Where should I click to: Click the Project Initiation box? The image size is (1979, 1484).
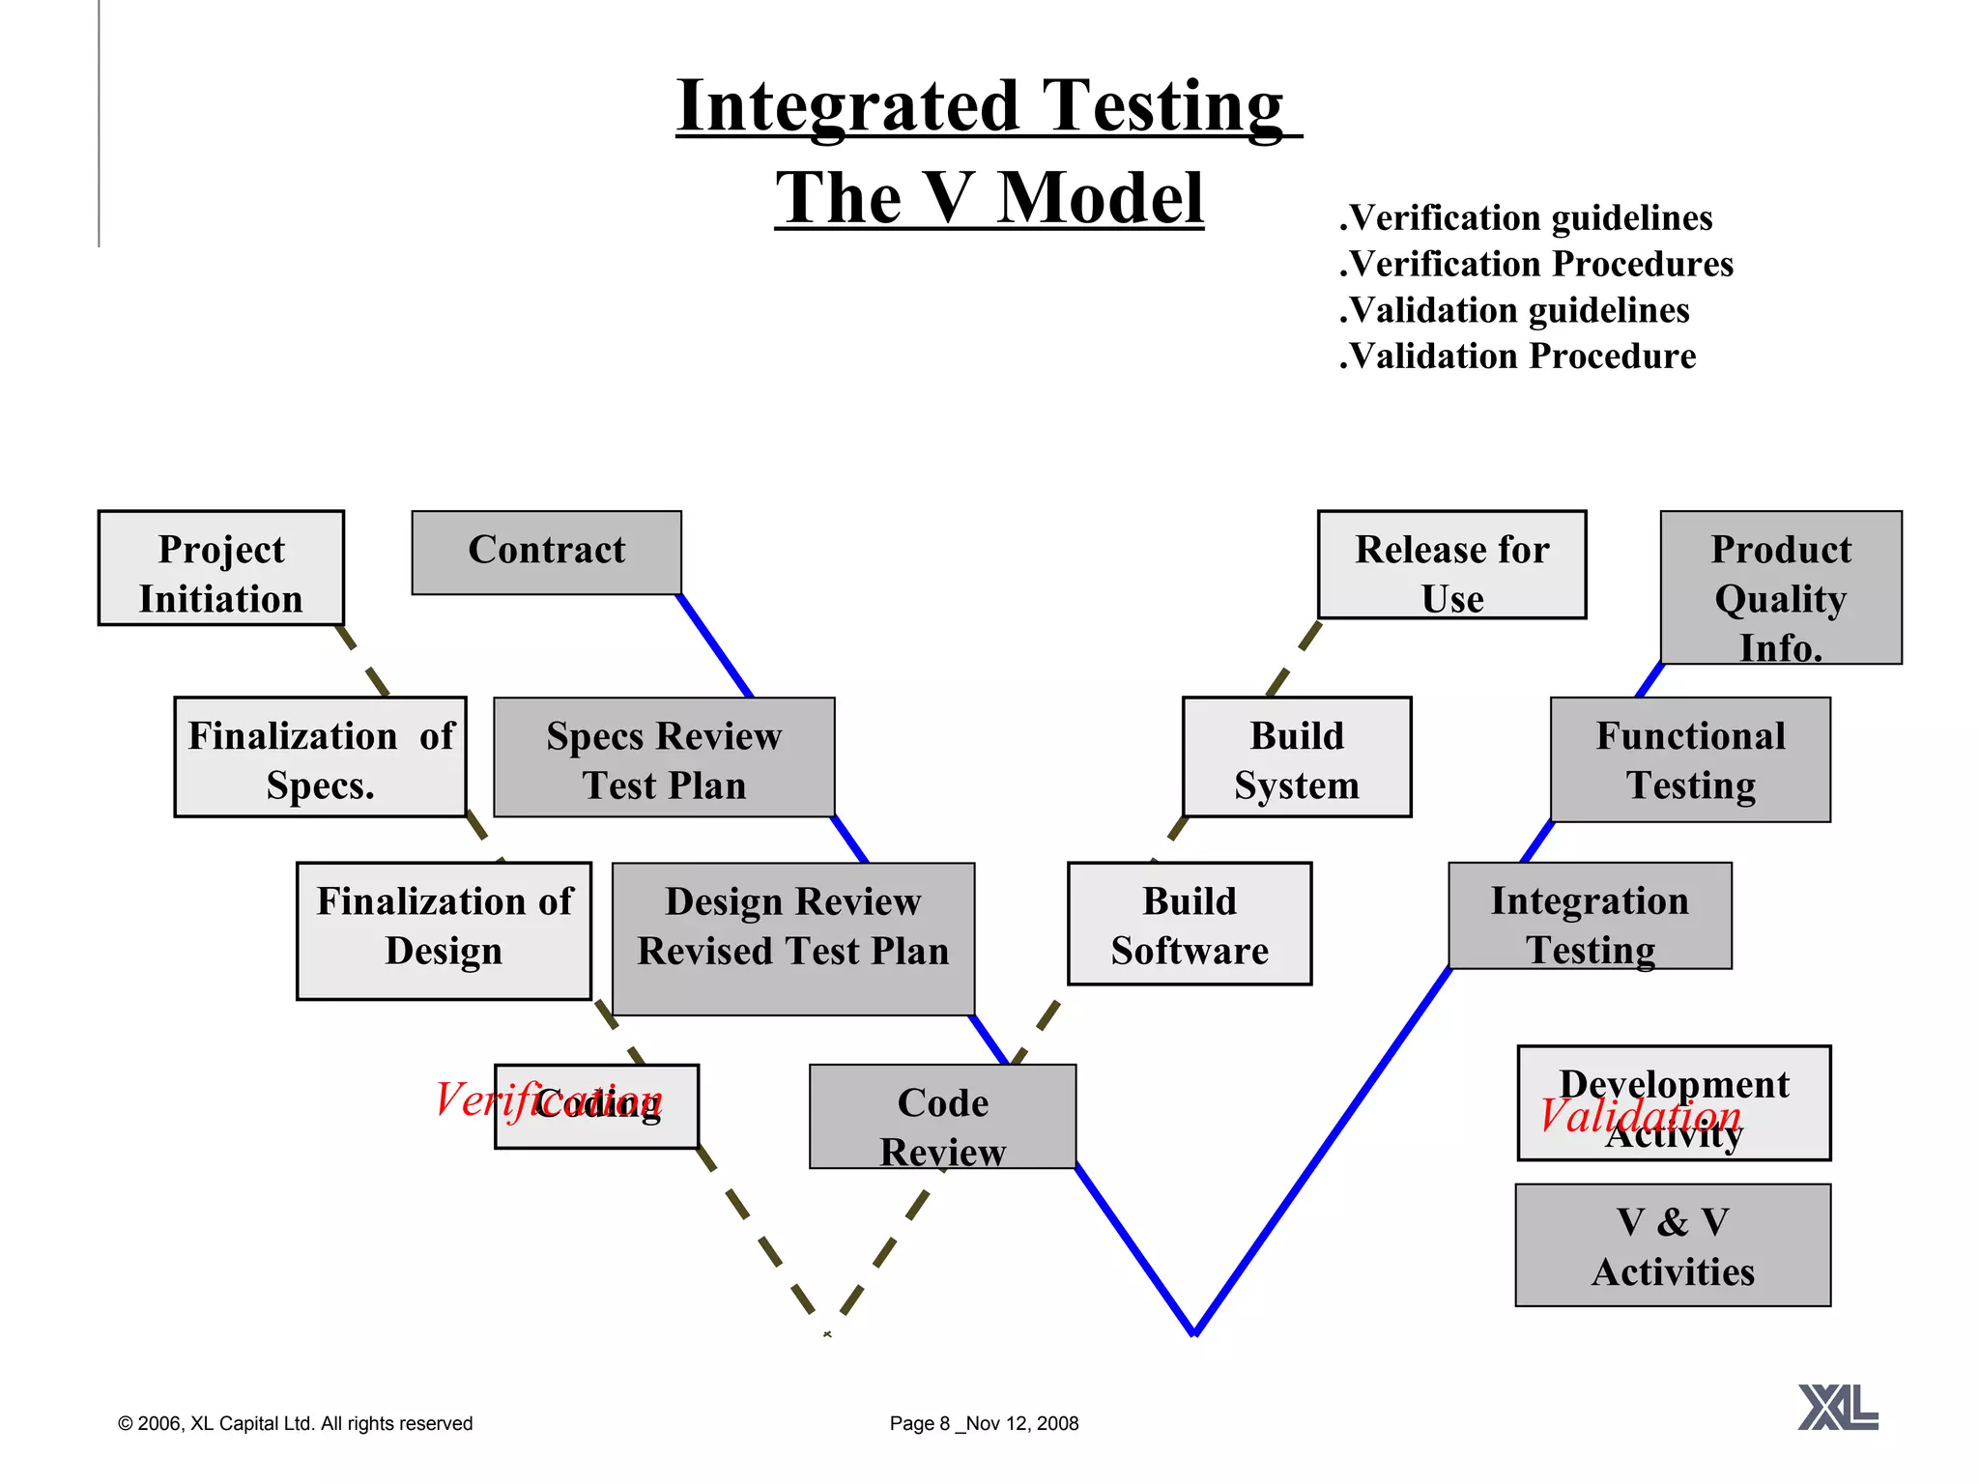pyautogui.click(x=220, y=568)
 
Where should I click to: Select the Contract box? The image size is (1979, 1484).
pyautogui.click(x=546, y=553)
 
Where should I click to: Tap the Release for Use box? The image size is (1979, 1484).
pyautogui.click(x=1451, y=565)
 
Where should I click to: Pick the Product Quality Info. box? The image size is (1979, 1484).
pyautogui.click(x=1780, y=587)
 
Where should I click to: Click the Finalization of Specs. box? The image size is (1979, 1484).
pyautogui.click(x=320, y=757)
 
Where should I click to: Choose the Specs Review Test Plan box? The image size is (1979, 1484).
pyautogui.click(x=664, y=757)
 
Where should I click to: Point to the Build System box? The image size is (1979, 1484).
pyautogui.click(x=1296, y=757)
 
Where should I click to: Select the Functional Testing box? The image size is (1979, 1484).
pyautogui.click(x=1690, y=759)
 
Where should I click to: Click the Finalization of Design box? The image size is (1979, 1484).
pyautogui.click(x=444, y=930)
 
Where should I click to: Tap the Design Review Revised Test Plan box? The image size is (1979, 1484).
pyautogui.click(x=792, y=939)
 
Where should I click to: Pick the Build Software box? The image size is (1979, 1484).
pyautogui.click(x=1189, y=924)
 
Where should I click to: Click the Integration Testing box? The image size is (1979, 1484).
pyautogui.click(x=1590, y=916)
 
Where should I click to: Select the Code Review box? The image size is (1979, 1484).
pyautogui.click(x=942, y=1117)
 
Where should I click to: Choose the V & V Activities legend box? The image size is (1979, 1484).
pyautogui.click(x=1673, y=1245)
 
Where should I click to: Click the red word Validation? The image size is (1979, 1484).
pyautogui.click(x=1640, y=1117)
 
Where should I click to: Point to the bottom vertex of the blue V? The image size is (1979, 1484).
pyautogui.click(x=1195, y=1332)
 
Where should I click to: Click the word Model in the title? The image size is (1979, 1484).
pyautogui.click(x=1100, y=198)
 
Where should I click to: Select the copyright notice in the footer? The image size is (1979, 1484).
pyautogui.click(x=295, y=1423)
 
